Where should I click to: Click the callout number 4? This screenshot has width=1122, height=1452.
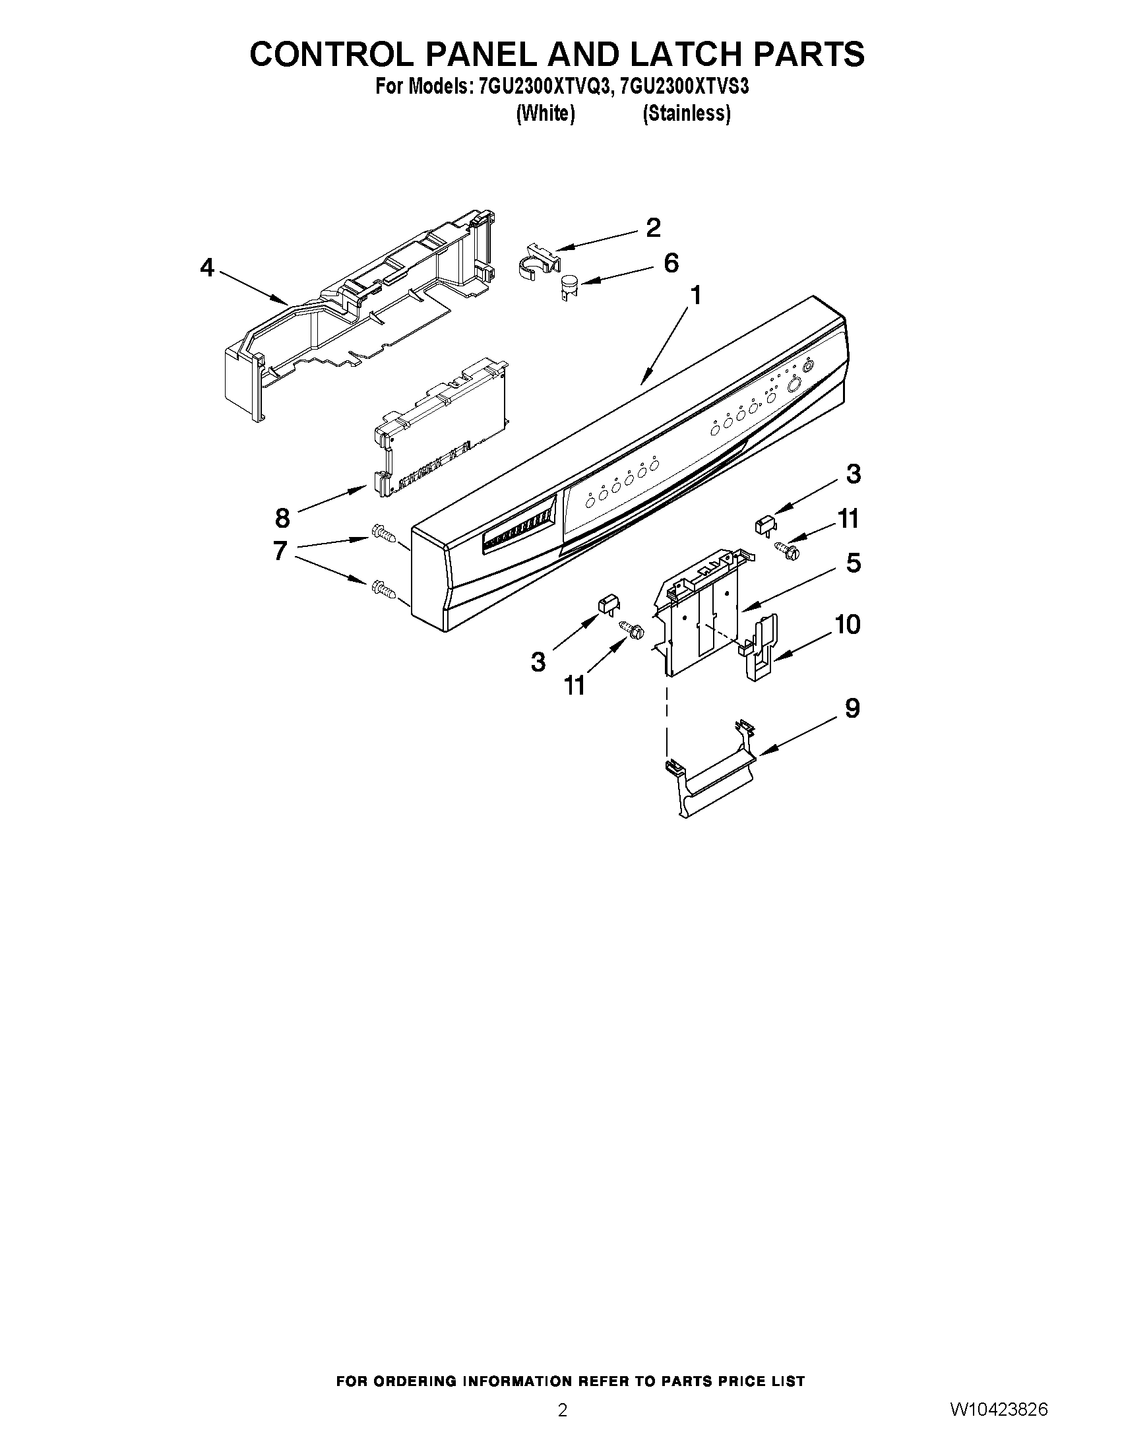coord(207,268)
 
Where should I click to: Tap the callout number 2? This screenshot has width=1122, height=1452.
coord(654,228)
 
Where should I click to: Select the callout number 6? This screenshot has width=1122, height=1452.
coord(671,263)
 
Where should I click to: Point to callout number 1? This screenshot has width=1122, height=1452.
coord(696,295)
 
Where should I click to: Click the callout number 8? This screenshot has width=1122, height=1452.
coord(282,517)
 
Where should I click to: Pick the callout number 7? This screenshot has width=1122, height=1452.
coord(280,551)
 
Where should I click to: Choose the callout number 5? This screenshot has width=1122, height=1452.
coord(854,563)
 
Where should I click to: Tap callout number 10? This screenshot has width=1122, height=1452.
coord(847,624)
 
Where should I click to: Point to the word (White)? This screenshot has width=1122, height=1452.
coord(545,113)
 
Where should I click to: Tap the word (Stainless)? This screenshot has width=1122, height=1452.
coord(687,113)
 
